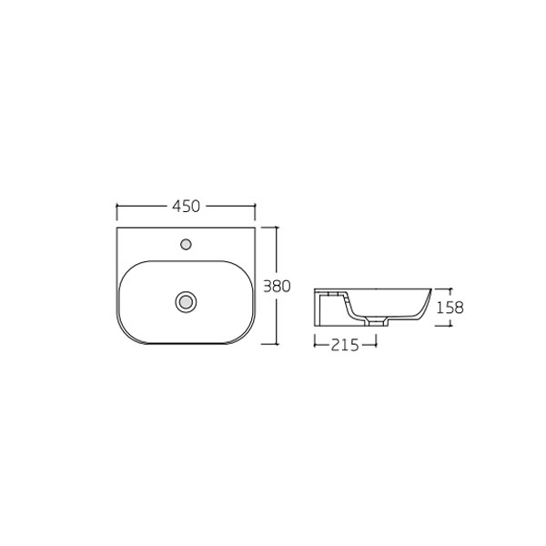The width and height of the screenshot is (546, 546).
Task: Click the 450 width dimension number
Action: click(x=186, y=207)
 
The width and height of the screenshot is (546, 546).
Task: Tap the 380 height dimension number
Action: click(x=276, y=286)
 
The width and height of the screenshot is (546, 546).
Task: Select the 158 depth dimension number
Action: click(x=450, y=308)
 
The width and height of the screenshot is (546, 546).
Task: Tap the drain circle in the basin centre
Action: click(x=186, y=301)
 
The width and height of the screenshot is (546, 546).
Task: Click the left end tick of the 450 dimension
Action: click(x=117, y=207)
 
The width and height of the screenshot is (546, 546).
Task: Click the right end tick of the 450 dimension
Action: click(x=254, y=207)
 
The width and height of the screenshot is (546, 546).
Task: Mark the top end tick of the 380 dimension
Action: click(x=276, y=227)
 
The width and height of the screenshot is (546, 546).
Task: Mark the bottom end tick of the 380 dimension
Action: click(x=276, y=344)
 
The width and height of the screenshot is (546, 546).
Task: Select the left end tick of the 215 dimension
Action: click(x=314, y=343)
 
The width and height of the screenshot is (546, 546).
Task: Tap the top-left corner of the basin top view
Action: click(x=118, y=227)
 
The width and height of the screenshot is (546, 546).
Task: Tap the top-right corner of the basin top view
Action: click(x=254, y=227)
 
